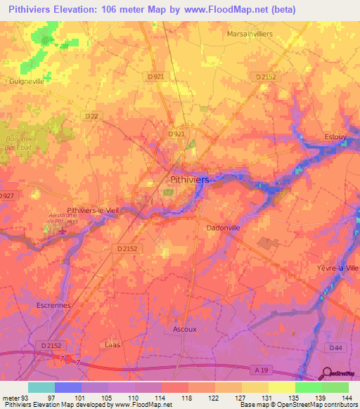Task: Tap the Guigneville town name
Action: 28,82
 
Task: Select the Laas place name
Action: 111,345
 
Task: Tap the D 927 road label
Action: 7,195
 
